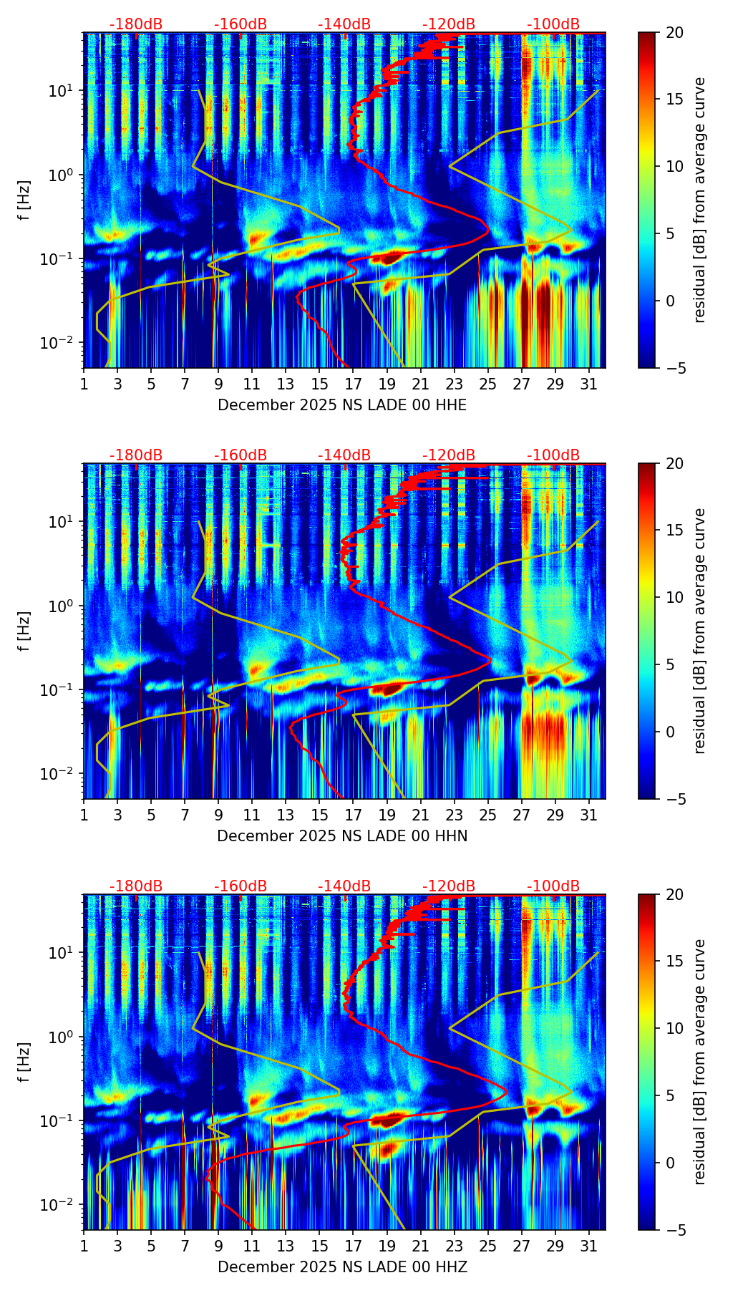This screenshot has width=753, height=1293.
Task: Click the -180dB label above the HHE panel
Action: (x=136, y=24)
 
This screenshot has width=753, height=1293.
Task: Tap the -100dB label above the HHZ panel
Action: (x=553, y=886)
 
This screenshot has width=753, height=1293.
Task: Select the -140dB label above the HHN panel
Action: (x=344, y=455)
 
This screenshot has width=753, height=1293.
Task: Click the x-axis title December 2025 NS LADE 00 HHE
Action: (x=342, y=405)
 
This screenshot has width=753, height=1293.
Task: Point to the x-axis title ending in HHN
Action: (x=342, y=836)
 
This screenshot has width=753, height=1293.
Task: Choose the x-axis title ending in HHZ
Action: (x=342, y=1267)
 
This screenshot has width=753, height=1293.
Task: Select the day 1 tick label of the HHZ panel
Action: (x=84, y=1247)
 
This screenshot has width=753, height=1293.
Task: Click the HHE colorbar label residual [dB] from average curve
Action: (x=699, y=200)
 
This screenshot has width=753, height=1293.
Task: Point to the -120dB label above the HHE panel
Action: (x=449, y=24)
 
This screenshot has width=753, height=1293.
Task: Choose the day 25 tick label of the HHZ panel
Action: (x=488, y=1247)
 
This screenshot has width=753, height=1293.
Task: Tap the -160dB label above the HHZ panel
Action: (x=241, y=886)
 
